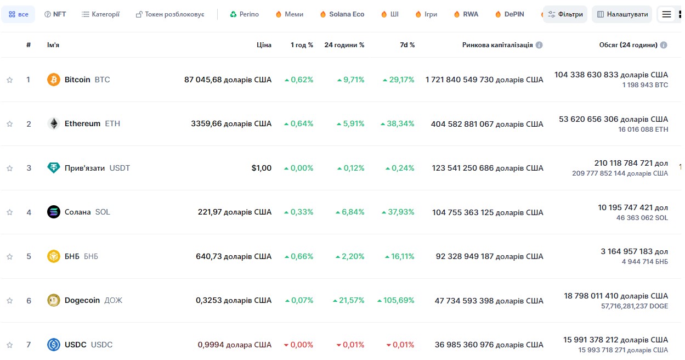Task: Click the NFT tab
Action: pos(55,14)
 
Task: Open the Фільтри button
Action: pos(565,14)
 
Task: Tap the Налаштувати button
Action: pos(622,14)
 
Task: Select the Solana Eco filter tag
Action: pos(342,14)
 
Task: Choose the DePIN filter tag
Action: pos(509,14)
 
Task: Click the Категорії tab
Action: pos(100,14)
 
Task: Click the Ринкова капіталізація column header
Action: pos(497,45)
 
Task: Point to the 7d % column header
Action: pos(407,45)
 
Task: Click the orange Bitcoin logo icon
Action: pos(54,80)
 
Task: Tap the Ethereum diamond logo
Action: pos(54,123)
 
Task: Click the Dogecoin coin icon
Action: pos(54,300)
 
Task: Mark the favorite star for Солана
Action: pos(10,212)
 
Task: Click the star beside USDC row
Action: pos(10,345)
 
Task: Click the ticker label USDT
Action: pos(120,168)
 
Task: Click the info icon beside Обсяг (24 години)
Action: pos(663,45)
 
